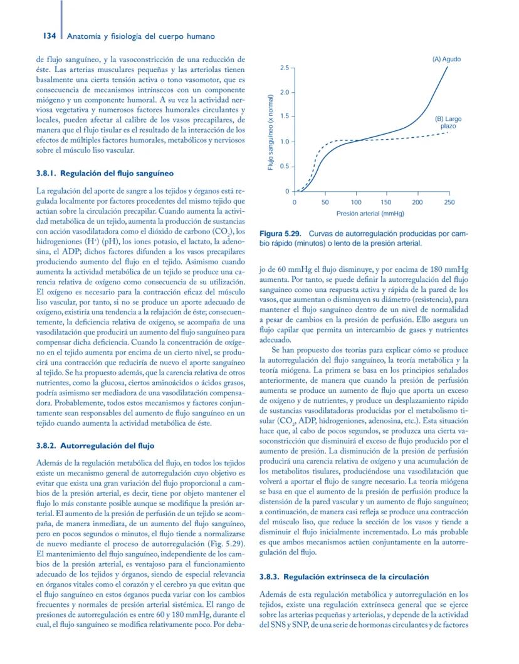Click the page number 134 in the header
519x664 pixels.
click(51, 36)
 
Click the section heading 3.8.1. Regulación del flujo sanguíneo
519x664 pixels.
click(100, 172)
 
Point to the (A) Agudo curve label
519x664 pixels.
click(446, 59)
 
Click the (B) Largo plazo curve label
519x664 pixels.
click(448, 122)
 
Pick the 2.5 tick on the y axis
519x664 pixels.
click(284, 67)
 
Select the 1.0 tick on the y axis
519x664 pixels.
click(284, 142)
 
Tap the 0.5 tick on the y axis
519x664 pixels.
click(284, 166)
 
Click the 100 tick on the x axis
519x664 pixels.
click(356, 202)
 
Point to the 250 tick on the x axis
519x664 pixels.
click(449, 202)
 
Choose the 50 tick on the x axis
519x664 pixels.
click(325, 202)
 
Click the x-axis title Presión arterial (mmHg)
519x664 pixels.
click(370, 214)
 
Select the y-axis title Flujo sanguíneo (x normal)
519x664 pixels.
click(270, 132)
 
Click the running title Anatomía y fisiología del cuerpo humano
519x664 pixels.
click(141, 36)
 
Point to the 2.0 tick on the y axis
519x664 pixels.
click(284, 92)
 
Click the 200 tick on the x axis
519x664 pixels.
click(417, 202)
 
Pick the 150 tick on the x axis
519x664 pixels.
click(387, 202)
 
